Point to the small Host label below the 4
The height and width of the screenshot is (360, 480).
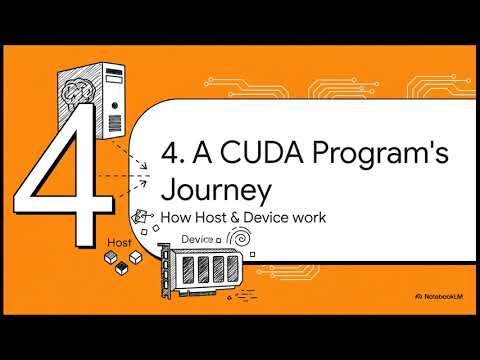[x=119, y=243]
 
